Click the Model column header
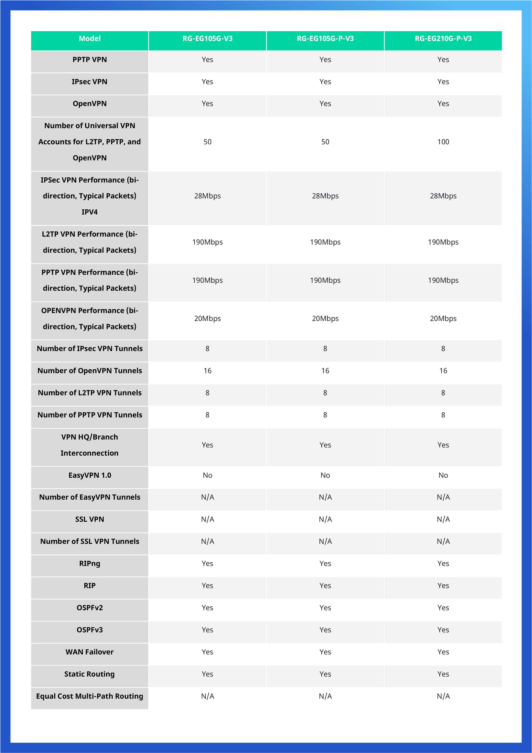pyautogui.click(x=89, y=39)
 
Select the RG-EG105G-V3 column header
pyautogui.click(x=207, y=39)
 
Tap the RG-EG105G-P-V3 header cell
pyautogui.click(x=325, y=39)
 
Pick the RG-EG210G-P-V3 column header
pyautogui.click(x=443, y=39)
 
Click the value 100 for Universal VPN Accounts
pyautogui.click(x=443, y=142)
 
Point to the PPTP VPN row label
pyautogui.click(x=89, y=60)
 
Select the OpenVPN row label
pyautogui.click(x=89, y=104)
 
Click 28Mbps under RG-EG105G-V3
pyautogui.click(x=207, y=196)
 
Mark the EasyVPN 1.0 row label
pyautogui.click(x=89, y=475)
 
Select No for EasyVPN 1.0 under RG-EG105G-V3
pyautogui.click(x=207, y=475)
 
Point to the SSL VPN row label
pyautogui.click(x=89, y=519)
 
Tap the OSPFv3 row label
pyautogui.click(x=89, y=630)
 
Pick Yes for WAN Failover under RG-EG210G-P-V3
pyautogui.click(x=443, y=652)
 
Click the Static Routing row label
pyautogui.click(x=89, y=674)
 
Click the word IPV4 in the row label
pyautogui.click(x=89, y=212)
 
